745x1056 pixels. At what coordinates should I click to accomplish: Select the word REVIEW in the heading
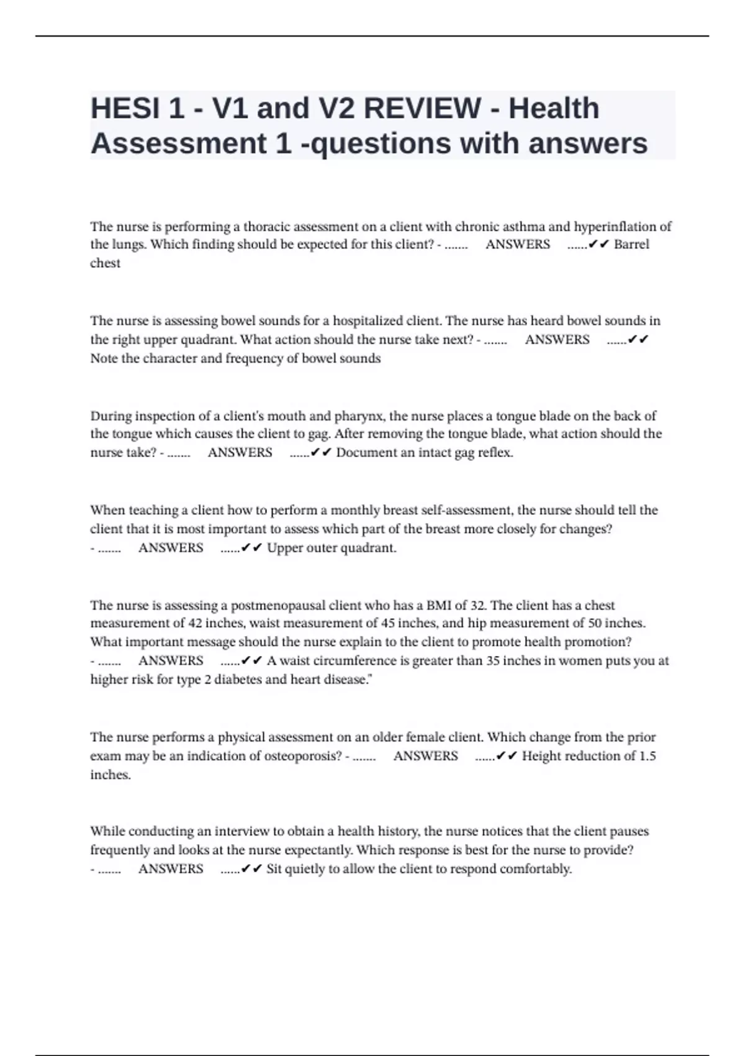click(x=422, y=109)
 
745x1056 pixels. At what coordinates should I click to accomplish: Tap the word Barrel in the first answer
click(x=631, y=245)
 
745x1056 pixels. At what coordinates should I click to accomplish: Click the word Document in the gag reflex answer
click(x=366, y=453)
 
